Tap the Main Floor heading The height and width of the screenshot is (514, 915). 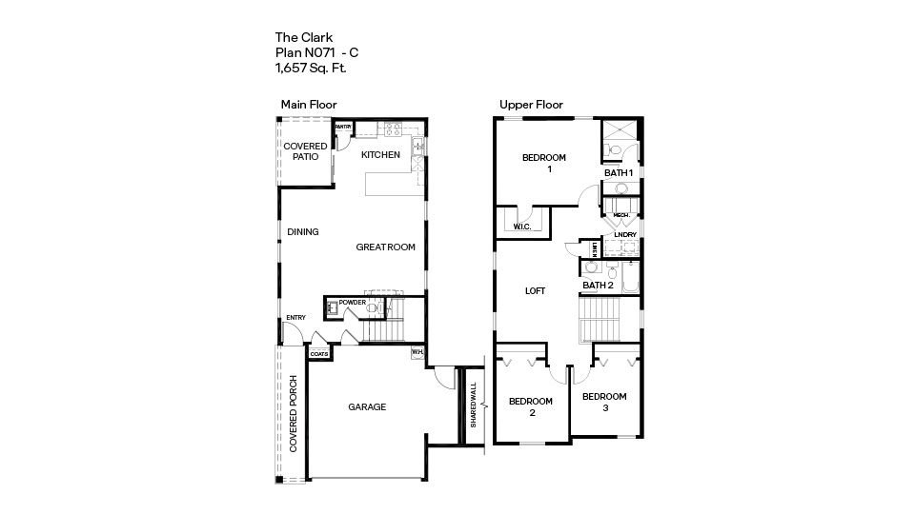point(308,105)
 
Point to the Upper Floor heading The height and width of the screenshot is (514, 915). point(531,105)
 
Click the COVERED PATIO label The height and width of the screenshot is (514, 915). point(305,151)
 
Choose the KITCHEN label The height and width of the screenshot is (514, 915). point(380,155)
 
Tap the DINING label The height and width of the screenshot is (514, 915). point(303,231)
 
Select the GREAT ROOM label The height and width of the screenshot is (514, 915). point(386,247)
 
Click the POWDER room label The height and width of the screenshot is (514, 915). point(353,302)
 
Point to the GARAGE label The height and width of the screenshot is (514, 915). point(367,407)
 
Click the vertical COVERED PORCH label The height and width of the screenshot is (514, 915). point(295,419)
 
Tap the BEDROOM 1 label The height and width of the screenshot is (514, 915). point(544,163)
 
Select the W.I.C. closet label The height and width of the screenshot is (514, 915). point(521,227)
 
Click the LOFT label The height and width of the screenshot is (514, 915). point(536,291)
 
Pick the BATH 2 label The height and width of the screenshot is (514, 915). point(598,285)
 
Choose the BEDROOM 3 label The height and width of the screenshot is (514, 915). point(604,402)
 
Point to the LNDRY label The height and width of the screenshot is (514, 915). point(624,234)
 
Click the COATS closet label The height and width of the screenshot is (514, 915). point(317,354)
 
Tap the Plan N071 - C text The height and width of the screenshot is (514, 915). point(316,53)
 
